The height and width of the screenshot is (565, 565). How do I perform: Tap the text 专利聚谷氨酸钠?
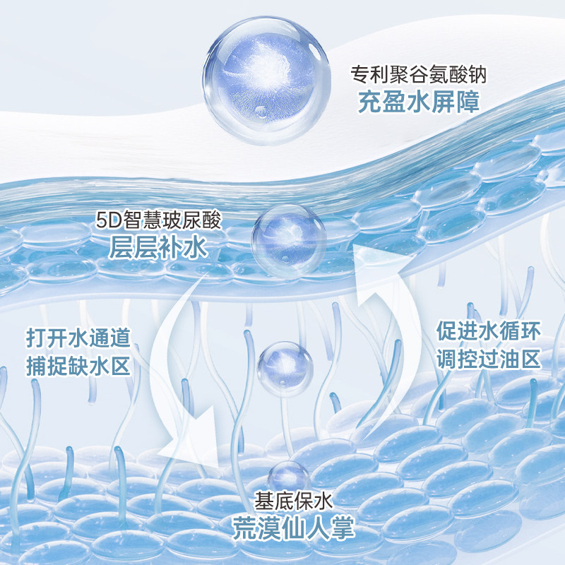pyautogui.click(x=420, y=73)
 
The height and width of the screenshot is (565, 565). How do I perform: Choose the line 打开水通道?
pyautogui.click(x=78, y=338)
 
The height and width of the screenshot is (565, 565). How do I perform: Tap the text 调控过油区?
pyautogui.click(x=488, y=359)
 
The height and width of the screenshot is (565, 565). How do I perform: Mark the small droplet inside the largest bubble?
pyautogui.click(x=262, y=111)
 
